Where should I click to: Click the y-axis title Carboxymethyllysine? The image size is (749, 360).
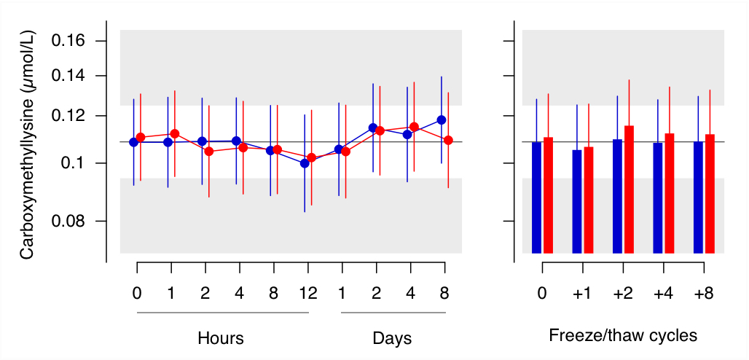pyautogui.click(x=27, y=144)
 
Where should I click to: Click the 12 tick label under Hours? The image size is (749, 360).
pyautogui.click(x=307, y=294)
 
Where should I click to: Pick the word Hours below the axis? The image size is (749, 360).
pyautogui.click(x=221, y=338)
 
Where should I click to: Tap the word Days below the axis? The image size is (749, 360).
pyautogui.click(x=392, y=338)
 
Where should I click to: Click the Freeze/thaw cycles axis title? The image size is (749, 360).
pyautogui.click(x=623, y=336)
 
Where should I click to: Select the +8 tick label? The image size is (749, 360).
pyautogui.click(x=704, y=294)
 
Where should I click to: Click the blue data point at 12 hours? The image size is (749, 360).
pyautogui.click(x=305, y=163)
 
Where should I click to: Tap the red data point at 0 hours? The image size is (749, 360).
pyautogui.click(x=141, y=137)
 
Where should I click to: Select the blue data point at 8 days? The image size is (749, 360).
pyautogui.click(x=442, y=120)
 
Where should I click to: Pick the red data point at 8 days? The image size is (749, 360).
pyautogui.click(x=449, y=140)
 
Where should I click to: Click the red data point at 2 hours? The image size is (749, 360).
pyautogui.click(x=209, y=152)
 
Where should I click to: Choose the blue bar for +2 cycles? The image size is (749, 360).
pyautogui.click(x=617, y=197)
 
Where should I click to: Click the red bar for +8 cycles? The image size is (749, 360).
pyautogui.click(x=710, y=194)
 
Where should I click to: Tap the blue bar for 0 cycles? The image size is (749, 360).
pyautogui.click(x=537, y=197)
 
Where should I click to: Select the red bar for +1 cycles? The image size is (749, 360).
pyautogui.click(x=589, y=200)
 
